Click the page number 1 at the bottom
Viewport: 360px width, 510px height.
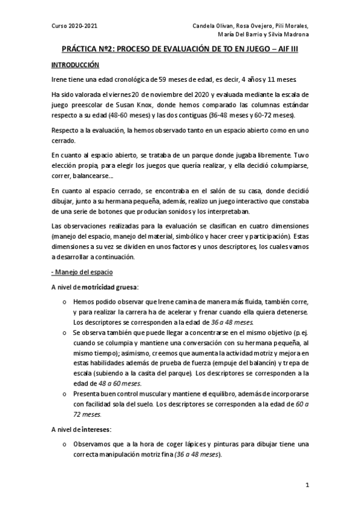click(307, 485)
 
